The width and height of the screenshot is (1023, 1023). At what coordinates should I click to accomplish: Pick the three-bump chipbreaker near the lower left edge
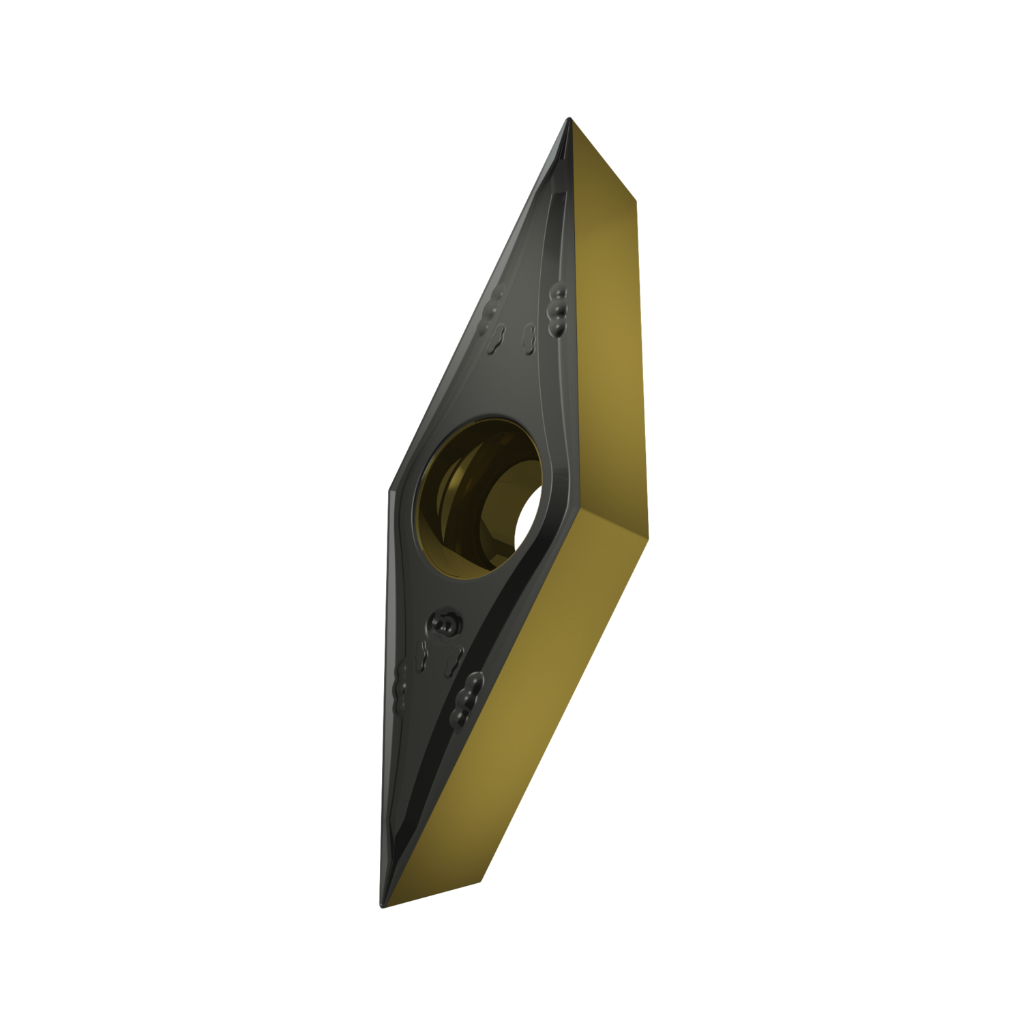402,682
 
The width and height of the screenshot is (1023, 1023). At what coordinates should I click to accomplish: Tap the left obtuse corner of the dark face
390,488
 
